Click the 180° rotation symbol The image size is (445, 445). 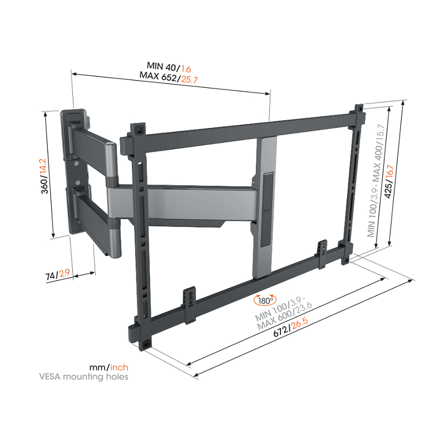click(264, 300)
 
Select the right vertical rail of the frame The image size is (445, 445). click(351, 184)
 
